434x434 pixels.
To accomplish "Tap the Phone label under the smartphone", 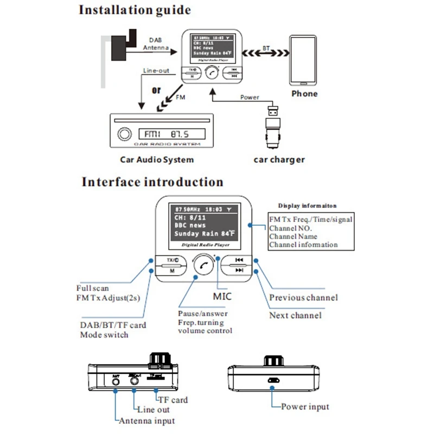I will pyautogui.click(x=304, y=93).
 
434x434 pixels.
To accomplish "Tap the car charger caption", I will pyautogui.click(x=279, y=159).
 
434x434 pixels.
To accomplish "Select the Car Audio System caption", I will pyautogui.click(x=157, y=160).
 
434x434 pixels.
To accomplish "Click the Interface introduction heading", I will pyautogui.click(x=152, y=181).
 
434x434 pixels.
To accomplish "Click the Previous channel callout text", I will pyautogui.click(x=303, y=297).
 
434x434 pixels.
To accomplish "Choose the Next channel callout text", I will pyautogui.click(x=295, y=315).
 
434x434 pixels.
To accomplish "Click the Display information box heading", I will pyautogui.click(x=307, y=206).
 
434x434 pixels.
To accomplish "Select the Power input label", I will pyautogui.click(x=305, y=406).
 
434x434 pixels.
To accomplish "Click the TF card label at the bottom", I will pyautogui.click(x=173, y=400).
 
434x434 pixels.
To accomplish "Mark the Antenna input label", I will pyautogui.click(x=147, y=420).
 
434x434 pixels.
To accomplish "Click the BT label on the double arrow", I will pyautogui.click(x=266, y=49).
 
